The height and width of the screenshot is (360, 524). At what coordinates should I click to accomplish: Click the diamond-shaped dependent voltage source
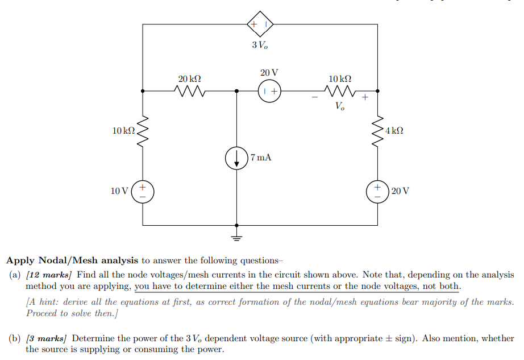tap(260, 24)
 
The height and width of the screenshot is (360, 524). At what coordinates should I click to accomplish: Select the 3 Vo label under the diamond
tap(260, 45)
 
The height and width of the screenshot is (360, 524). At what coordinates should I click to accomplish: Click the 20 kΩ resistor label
tap(189, 78)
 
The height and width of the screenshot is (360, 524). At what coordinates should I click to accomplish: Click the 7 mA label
tap(260, 157)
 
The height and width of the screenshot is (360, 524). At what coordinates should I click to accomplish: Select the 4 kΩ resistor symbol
tap(377, 131)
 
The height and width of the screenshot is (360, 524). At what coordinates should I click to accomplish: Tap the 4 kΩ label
tap(394, 131)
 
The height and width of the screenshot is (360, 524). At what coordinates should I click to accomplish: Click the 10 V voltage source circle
tap(143, 190)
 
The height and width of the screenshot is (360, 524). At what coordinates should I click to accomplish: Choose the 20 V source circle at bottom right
tap(377, 190)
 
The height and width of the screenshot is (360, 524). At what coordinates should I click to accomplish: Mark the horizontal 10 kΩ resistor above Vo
tap(340, 90)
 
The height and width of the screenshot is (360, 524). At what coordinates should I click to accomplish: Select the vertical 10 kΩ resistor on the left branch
tap(143, 131)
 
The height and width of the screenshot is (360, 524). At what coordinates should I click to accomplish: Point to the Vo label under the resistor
tap(339, 106)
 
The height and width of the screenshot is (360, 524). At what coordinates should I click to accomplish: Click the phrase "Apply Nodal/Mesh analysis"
tap(72, 260)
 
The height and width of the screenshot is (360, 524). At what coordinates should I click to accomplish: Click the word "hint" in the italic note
tap(50, 302)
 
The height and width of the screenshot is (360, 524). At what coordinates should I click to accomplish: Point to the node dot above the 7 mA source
tap(236, 90)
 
